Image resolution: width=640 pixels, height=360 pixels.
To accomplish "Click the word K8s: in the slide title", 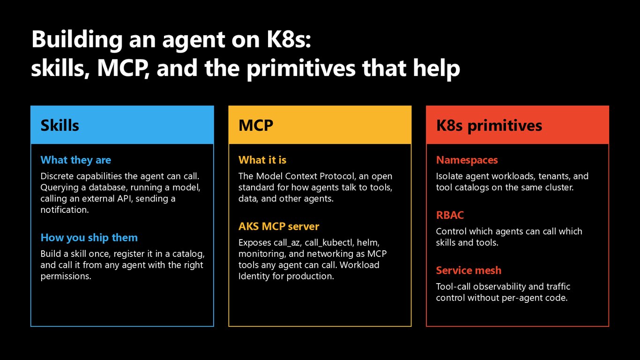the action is [x=289, y=39].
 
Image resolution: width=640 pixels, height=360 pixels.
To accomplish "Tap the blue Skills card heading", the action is [x=60, y=125].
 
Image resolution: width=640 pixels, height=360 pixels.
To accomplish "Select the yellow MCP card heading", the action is [x=256, y=125].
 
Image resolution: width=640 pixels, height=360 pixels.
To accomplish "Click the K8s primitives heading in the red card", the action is [x=489, y=126].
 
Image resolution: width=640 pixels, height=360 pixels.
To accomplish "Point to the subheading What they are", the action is [x=76, y=160].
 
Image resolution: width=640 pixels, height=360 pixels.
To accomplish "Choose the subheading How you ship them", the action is [x=89, y=238].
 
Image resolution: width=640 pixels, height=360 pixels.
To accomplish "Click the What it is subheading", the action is [x=262, y=160].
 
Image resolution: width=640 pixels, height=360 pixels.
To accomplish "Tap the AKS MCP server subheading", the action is [x=279, y=226].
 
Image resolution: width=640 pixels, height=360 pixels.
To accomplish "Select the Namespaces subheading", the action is [x=467, y=160].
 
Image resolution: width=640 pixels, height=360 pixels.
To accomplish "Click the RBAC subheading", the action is [x=450, y=215].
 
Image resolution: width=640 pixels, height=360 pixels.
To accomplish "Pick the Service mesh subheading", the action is [x=469, y=270].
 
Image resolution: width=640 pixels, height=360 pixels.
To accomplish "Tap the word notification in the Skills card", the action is [x=65, y=210].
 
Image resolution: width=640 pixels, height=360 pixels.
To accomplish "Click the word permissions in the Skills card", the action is [x=66, y=277].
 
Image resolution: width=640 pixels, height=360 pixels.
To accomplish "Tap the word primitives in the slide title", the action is [x=301, y=69].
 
